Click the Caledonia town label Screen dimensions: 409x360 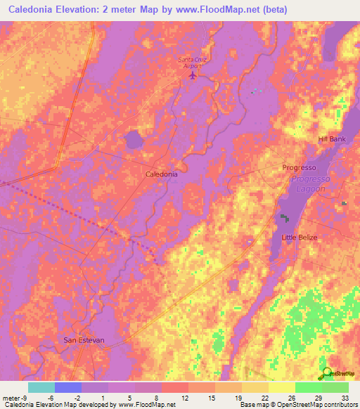pyautogui.click(x=161, y=173)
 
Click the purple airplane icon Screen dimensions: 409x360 pyautogui.click(x=193, y=75)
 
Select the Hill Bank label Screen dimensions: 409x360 pyautogui.click(x=332, y=139)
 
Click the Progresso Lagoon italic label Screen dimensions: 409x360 pyautogui.click(x=307, y=184)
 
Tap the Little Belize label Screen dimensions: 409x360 pyautogui.click(x=300, y=238)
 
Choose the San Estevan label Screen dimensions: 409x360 pyautogui.click(x=84, y=340)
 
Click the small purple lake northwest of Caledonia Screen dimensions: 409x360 pyautogui.click(x=134, y=141)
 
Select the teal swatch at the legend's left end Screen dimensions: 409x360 pyautogui.click(x=41, y=387)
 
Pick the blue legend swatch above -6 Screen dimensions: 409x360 pyautogui.click(x=67, y=387)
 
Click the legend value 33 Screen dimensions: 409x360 pyautogui.click(x=345, y=397)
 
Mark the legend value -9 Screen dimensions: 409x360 pyautogui.click(x=15, y=397)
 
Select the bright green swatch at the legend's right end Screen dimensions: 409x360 pyautogui.click(x=335, y=387)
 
